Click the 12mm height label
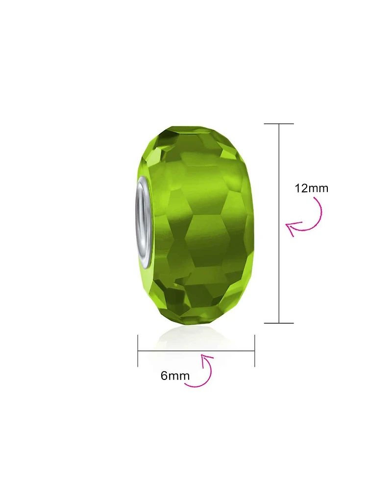pos(311,188)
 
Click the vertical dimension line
pos(279,255)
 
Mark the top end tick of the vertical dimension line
pos(279,124)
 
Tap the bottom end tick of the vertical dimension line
pos(279,323)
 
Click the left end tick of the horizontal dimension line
pos(138,351)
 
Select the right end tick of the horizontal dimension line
pos(254,351)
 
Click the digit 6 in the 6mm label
pos(164,376)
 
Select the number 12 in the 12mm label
pos(301,188)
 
